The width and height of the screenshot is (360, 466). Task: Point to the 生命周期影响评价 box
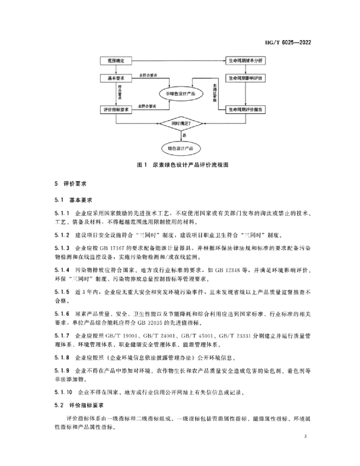pos(246,78)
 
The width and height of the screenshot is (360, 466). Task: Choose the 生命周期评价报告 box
pos(246,110)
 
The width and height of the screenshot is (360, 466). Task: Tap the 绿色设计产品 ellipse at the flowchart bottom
pos(181,148)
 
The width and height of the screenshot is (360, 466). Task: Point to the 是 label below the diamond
pos(184,135)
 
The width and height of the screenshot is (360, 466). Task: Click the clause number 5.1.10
pos(63,391)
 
